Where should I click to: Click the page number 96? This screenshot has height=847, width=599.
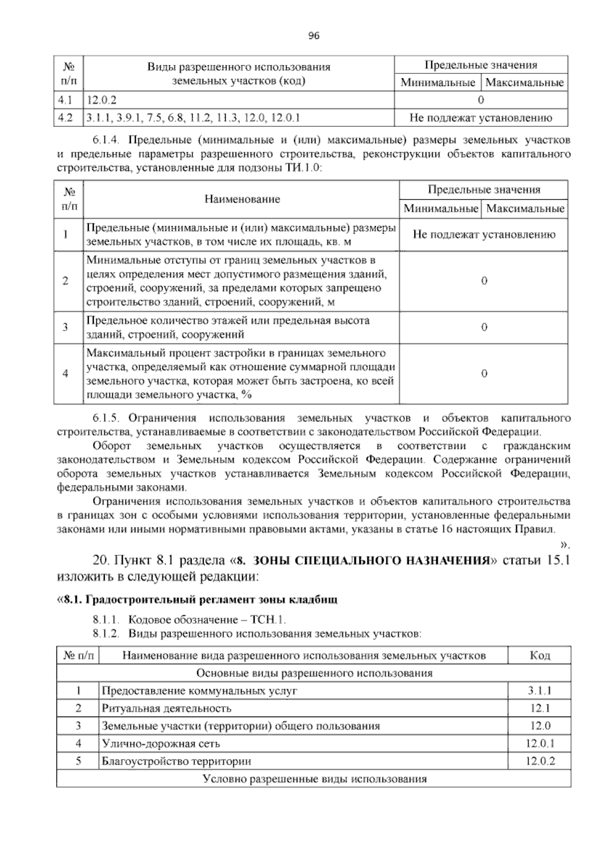(x=313, y=35)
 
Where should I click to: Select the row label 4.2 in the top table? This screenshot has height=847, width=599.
(x=65, y=118)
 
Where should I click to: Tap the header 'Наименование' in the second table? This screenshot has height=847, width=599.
(x=242, y=199)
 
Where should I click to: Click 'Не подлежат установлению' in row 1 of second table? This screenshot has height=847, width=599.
(x=483, y=235)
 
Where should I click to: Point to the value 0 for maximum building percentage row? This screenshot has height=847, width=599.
(x=484, y=374)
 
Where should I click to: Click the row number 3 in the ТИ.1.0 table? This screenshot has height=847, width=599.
(x=65, y=328)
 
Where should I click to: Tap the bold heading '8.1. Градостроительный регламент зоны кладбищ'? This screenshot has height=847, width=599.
(x=198, y=599)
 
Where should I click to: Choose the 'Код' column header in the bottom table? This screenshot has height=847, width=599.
(x=540, y=655)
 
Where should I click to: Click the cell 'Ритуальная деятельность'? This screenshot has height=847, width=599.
(x=166, y=708)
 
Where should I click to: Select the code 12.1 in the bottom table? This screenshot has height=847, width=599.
(x=540, y=708)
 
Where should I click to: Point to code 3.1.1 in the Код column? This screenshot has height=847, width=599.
(x=540, y=691)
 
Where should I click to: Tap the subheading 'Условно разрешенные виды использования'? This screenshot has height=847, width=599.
(x=314, y=779)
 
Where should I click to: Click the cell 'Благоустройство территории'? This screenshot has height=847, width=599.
(x=176, y=761)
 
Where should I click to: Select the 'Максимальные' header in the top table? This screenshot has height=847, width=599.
(x=524, y=82)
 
